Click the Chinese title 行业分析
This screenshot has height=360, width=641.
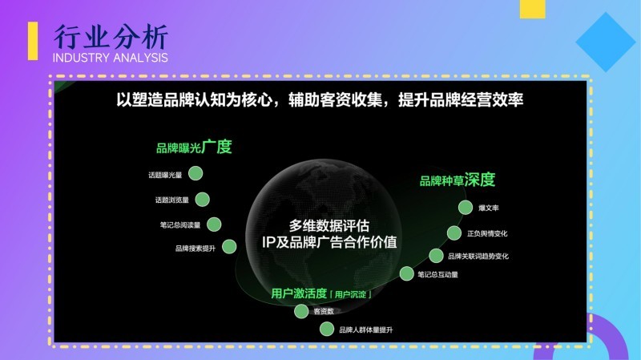(x=111, y=37)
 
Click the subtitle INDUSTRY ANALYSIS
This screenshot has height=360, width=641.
(x=111, y=58)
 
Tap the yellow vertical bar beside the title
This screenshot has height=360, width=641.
(x=33, y=41)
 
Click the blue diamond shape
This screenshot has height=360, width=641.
(x=606, y=42)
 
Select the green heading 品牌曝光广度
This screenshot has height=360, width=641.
(x=194, y=147)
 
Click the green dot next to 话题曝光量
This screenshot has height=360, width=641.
(x=196, y=173)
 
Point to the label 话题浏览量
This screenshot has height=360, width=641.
(x=171, y=200)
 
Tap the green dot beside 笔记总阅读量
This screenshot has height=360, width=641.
(x=214, y=224)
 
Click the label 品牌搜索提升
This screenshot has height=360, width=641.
(x=196, y=249)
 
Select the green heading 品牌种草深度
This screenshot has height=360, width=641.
(x=458, y=180)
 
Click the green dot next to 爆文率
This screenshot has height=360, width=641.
(x=466, y=208)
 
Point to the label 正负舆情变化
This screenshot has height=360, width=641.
(x=487, y=233)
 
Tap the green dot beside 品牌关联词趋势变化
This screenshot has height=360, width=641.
(x=436, y=256)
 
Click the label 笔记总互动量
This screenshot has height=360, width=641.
(x=437, y=274)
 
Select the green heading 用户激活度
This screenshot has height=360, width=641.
(x=299, y=293)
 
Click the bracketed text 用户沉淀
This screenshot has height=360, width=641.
(x=350, y=294)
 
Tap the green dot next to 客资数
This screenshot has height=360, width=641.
(x=301, y=311)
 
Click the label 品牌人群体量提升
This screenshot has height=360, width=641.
(x=366, y=330)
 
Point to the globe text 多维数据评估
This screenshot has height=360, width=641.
(x=329, y=226)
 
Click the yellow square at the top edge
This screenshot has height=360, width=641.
(x=533, y=9)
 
